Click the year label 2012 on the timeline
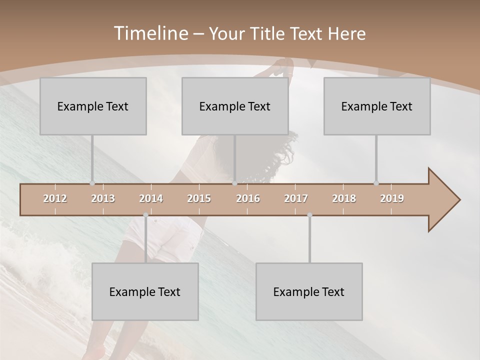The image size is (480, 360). [x=55, y=198]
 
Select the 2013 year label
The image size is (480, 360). [x=103, y=198]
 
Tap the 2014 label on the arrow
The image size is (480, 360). [x=151, y=198]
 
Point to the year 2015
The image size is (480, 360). [x=199, y=198]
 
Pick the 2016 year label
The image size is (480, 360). [x=248, y=198]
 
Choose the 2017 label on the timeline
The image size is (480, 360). [x=296, y=198]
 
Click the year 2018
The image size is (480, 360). [x=344, y=198]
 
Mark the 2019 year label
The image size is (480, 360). [x=392, y=198]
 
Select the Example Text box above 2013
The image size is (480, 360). [x=93, y=106]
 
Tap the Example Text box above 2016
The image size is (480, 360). [x=235, y=106]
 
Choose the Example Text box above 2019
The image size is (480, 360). [x=377, y=106]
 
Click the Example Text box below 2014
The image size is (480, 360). [x=145, y=291]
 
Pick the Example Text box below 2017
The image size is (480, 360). [x=309, y=291]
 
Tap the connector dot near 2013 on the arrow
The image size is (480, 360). [x=92, y=183]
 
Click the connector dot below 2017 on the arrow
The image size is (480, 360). [x=309, y=215]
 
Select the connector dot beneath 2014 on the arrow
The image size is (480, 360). [x=145, y=215]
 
